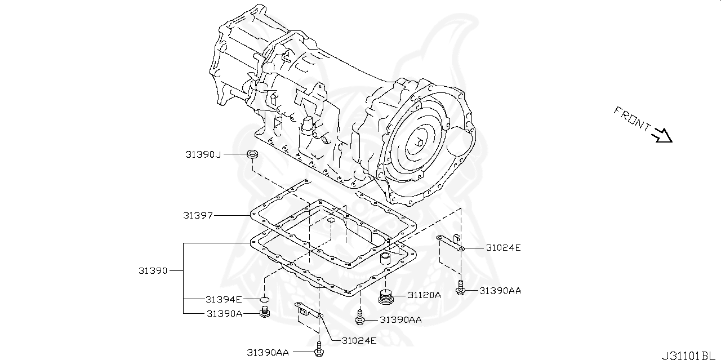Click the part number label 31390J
[203, 154]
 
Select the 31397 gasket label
[198, 215]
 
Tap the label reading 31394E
[224, 299]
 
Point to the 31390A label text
[224, 314]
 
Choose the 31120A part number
[424, 295]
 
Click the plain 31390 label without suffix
[153, 271]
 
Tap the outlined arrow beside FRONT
[661, 136]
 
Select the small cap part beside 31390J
[252, 154]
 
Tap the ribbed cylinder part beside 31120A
[385, 296]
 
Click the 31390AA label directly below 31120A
[400, 319]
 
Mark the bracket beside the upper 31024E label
[451, 241]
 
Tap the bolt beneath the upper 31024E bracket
[460, 288]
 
